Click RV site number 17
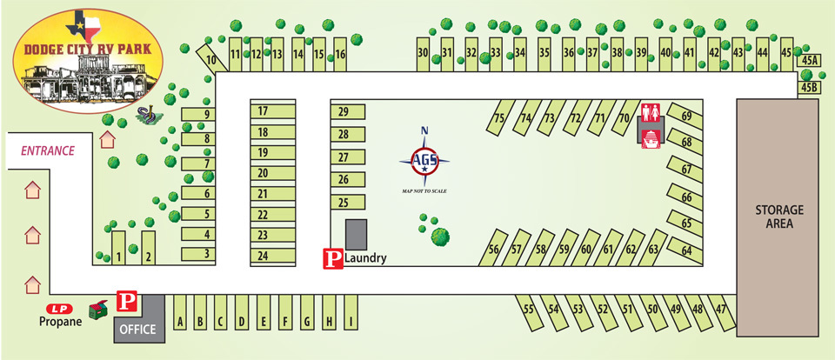pyautogui.click(x=262, y=111)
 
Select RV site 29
pyautogui.click(x=344, y=111)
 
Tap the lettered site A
pyautogui.click(x=181, y=322)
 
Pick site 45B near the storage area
pyautogui.click(x=810, y=88)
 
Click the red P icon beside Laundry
pyautogui.click(x=332, y=258)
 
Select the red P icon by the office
pyautogui.click(x=127, y=303)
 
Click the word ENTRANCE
pyautogui.click(x=48, y=150)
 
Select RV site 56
pyautogui.click(x=494, y=250)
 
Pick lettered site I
pyautogui.click(x=351, y=322)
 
